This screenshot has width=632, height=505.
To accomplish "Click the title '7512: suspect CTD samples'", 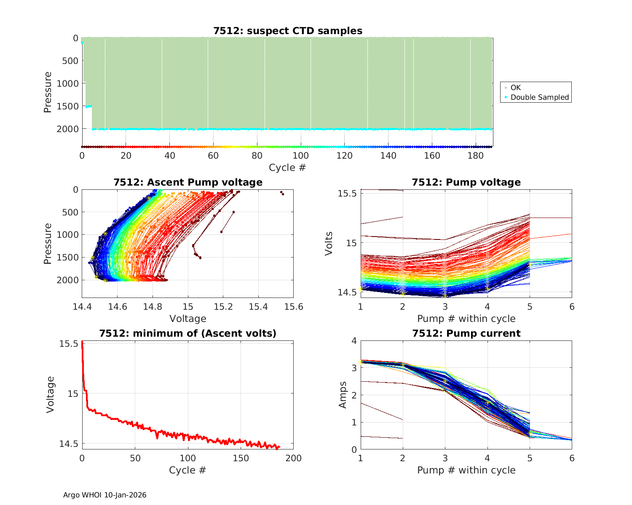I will coord(288,31).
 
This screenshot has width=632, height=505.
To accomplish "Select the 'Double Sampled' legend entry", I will coord(540,97).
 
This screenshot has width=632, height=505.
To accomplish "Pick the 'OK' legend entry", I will coord(516,88).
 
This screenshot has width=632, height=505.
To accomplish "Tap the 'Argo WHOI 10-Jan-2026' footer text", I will coord(105,495).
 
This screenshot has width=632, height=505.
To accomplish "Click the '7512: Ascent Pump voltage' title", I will coord(188,182).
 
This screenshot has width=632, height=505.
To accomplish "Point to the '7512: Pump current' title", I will coord(466,333).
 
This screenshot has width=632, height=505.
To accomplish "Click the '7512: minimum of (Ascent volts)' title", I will coord(188,333).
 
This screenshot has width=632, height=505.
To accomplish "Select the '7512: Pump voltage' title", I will coord(466,182).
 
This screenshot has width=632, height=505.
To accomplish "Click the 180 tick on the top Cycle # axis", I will coord(476,156).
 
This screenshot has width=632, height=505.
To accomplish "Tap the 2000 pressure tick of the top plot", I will coord(67,129).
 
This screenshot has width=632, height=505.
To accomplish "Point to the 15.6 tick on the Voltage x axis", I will coord(294,307).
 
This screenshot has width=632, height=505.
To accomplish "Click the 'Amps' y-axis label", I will coord(343,395).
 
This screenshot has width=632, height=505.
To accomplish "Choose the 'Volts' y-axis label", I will coord(329,243).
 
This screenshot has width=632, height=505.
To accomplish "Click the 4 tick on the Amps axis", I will coord(353,341).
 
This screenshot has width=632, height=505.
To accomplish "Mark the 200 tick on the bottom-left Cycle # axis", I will coord(294,458).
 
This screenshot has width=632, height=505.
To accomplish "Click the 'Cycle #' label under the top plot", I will coord(287,167).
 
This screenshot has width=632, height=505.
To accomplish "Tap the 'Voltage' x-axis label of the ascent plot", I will coord(188,319).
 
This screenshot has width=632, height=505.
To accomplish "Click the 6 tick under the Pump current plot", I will coord(572,458).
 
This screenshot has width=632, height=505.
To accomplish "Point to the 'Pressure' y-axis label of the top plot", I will coord(48,92).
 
